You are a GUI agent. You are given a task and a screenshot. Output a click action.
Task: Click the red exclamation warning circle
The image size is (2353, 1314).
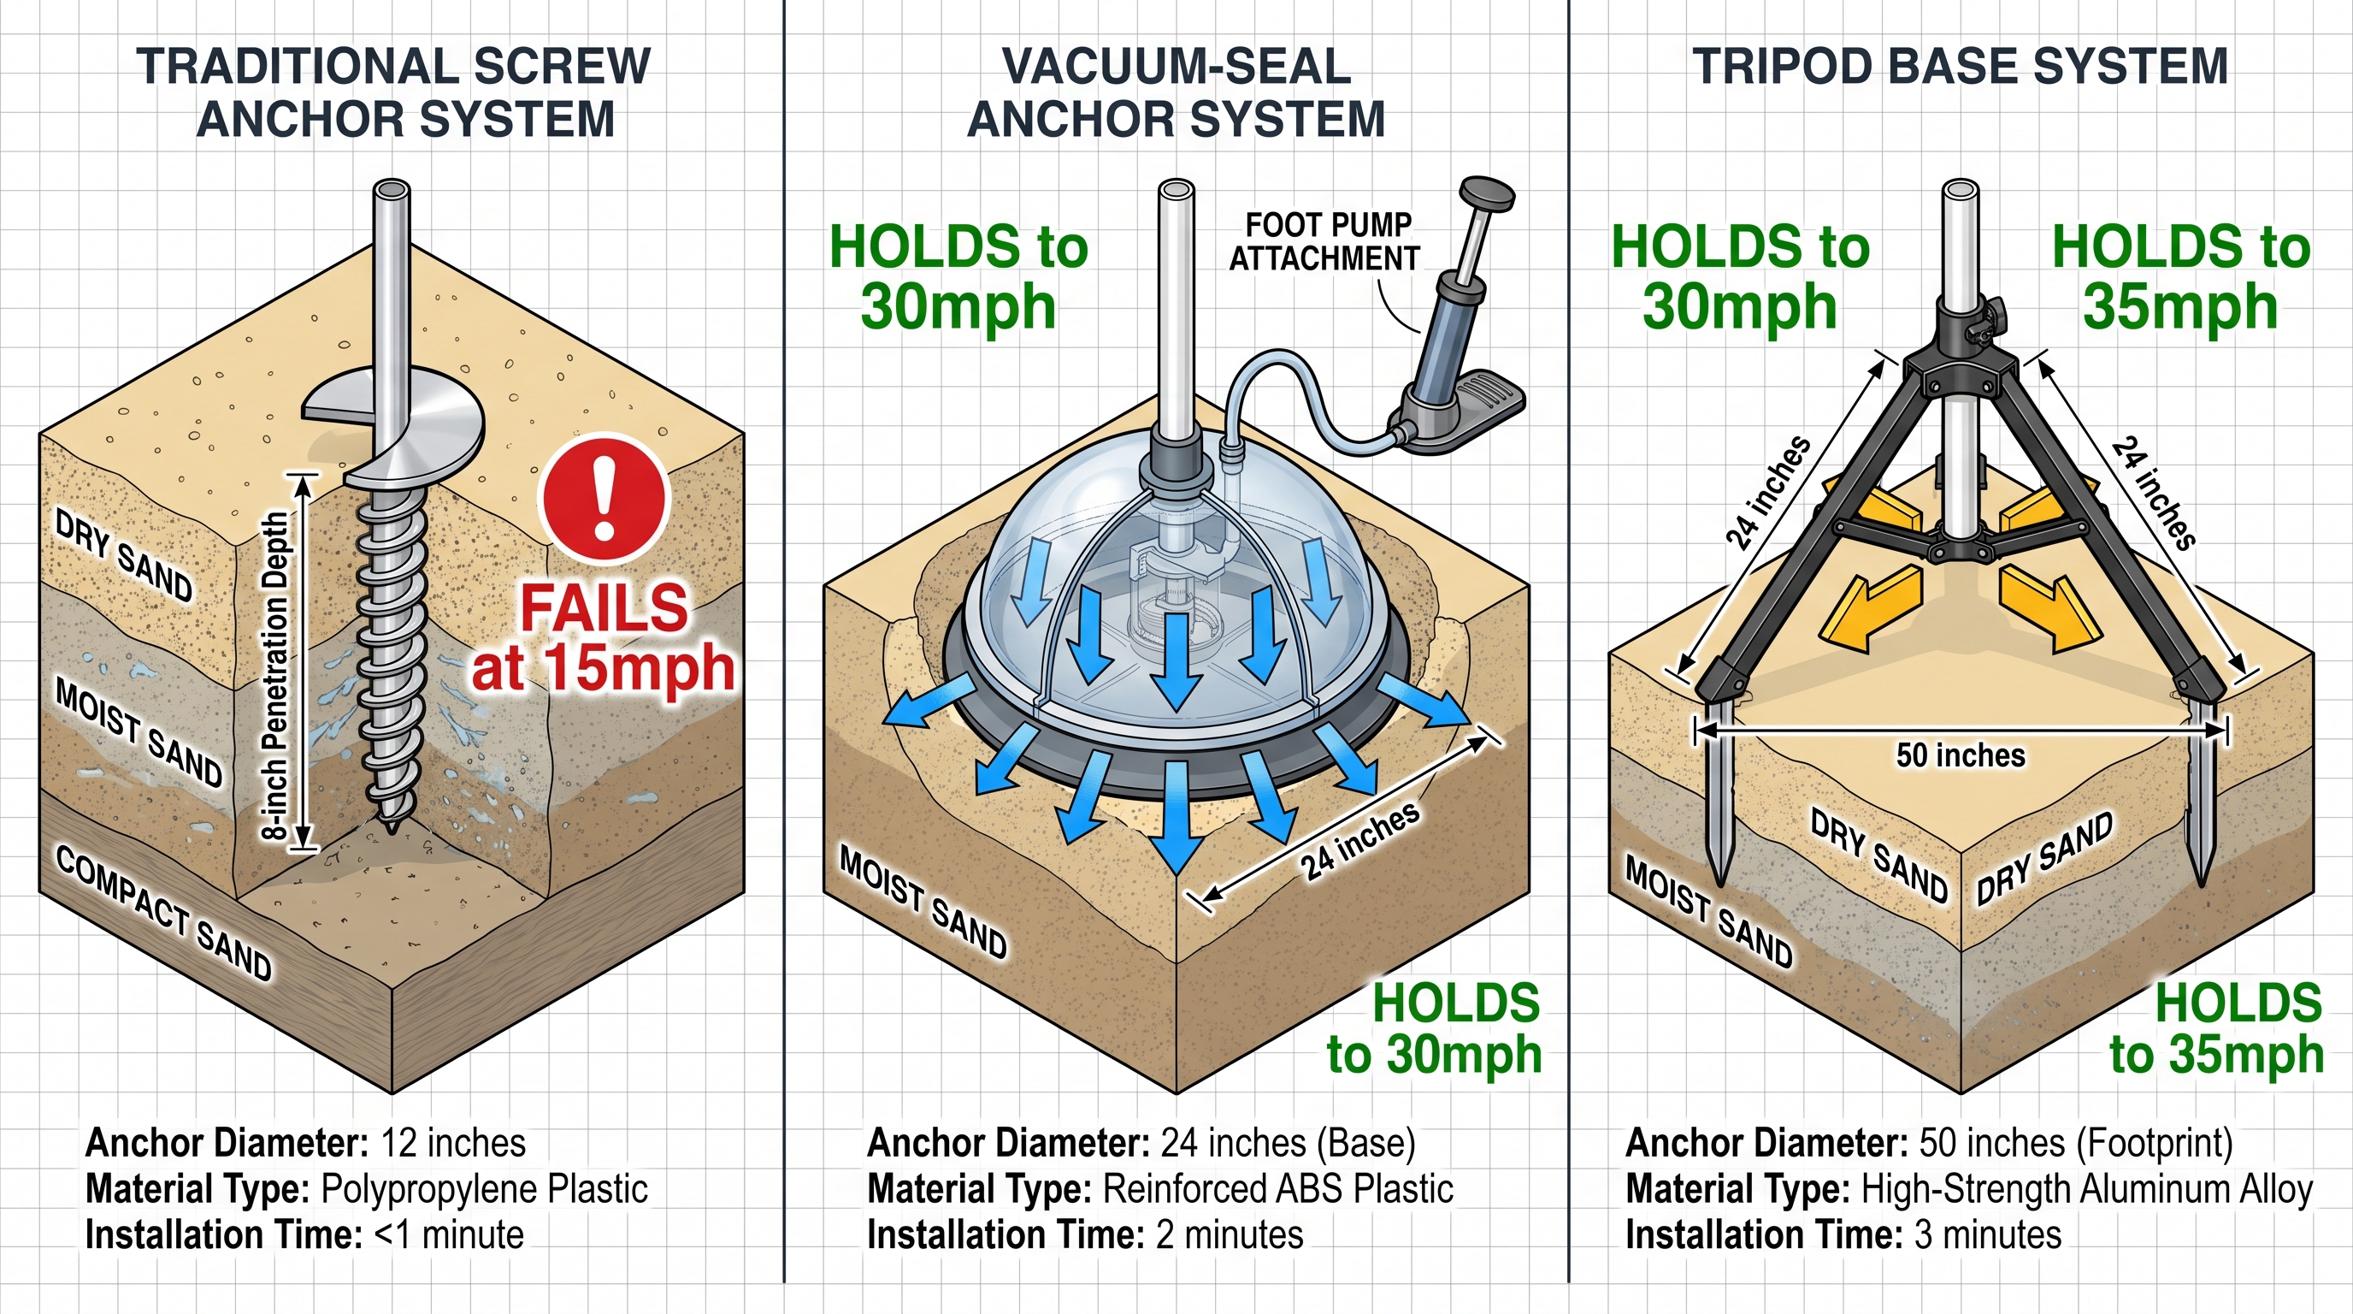pyautogui.click(x=604, y=499)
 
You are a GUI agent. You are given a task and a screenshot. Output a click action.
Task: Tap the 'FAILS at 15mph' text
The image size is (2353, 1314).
pyautogui.click(x=603, y=639)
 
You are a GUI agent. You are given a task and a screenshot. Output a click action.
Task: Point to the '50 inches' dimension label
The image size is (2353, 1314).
pyautogui.click(x=1961, y=755)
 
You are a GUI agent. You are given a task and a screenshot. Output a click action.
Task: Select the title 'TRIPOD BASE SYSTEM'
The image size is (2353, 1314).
pyautogui.click(x=1961, y=67)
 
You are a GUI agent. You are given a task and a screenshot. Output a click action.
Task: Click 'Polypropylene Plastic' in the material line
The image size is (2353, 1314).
pyautogui.click(x=484, y=1189)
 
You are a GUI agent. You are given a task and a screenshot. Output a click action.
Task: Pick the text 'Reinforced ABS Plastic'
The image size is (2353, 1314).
pyautogui.click(x=1277, y=1189)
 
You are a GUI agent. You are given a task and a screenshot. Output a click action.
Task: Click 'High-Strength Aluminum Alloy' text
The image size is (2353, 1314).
pyautogui.click(x=2086, y=1189)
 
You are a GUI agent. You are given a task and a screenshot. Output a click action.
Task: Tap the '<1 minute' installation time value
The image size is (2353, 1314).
pyautogui.click(x=450, y=1234)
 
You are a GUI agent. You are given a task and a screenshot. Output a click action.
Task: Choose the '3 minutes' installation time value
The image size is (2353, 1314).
pyautogui.click(x=1988, y=1234)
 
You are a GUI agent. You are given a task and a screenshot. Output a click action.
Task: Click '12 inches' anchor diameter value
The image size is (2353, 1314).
pyautogui.click(x=453, y=1143)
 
